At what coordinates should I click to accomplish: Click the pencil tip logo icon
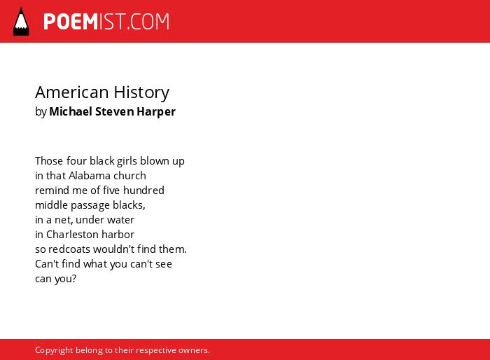tap(21, 21)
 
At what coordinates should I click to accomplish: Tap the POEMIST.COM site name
tap(106, 22)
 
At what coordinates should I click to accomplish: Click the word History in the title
tap(141, 92)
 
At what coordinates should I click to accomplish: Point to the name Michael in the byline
tap(71, 111)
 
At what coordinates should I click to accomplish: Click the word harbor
tap(120, 234)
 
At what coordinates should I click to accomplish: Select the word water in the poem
tap(120, 220)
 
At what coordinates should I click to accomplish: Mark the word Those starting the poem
tap(49, 161)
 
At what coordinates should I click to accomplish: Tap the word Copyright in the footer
tap(54, 350)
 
